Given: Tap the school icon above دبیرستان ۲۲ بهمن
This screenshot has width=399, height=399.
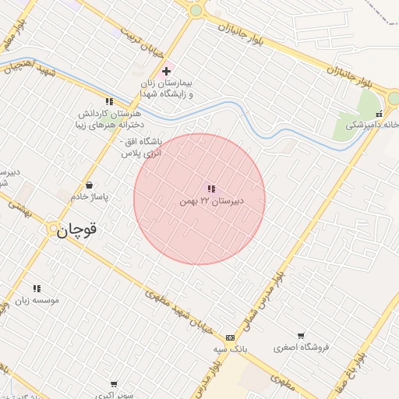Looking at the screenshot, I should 211,189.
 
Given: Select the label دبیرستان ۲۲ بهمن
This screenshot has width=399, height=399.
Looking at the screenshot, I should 210,201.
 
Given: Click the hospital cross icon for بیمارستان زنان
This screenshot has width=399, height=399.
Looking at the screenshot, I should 166,71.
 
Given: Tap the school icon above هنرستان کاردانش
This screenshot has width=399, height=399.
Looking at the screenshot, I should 109,101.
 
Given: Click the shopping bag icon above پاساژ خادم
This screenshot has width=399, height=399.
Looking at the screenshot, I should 91,185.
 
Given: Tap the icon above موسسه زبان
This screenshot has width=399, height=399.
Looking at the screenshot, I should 37,288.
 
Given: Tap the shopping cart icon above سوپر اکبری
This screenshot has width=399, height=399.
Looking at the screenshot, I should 114,384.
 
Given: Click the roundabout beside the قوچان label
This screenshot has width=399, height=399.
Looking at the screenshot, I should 52,229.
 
